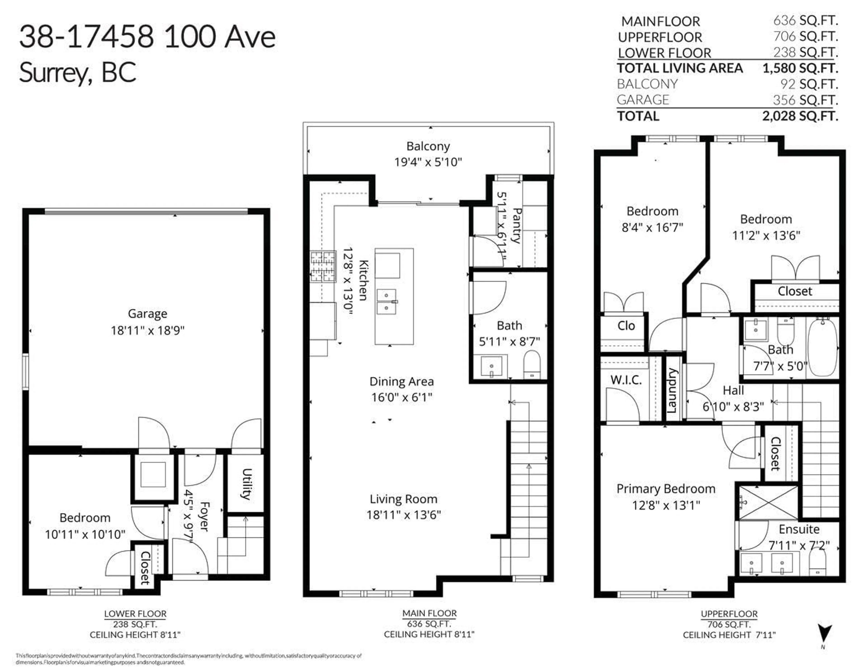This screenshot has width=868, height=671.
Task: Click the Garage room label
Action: click(147, 314)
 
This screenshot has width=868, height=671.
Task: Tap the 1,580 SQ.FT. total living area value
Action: click(800, 68)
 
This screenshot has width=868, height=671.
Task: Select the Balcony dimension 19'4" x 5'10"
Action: click(428, 162)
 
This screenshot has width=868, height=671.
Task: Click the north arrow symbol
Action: click(824, 632)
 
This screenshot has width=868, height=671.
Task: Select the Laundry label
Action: click(671, 391)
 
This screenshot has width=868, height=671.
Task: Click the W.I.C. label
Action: click(626, 380)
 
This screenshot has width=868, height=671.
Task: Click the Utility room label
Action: click(246, 484)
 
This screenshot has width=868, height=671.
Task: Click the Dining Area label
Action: click(401, 381)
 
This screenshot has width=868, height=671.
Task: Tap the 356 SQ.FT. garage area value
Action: click(805, 100)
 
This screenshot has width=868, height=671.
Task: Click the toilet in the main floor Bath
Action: click(532, 364)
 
